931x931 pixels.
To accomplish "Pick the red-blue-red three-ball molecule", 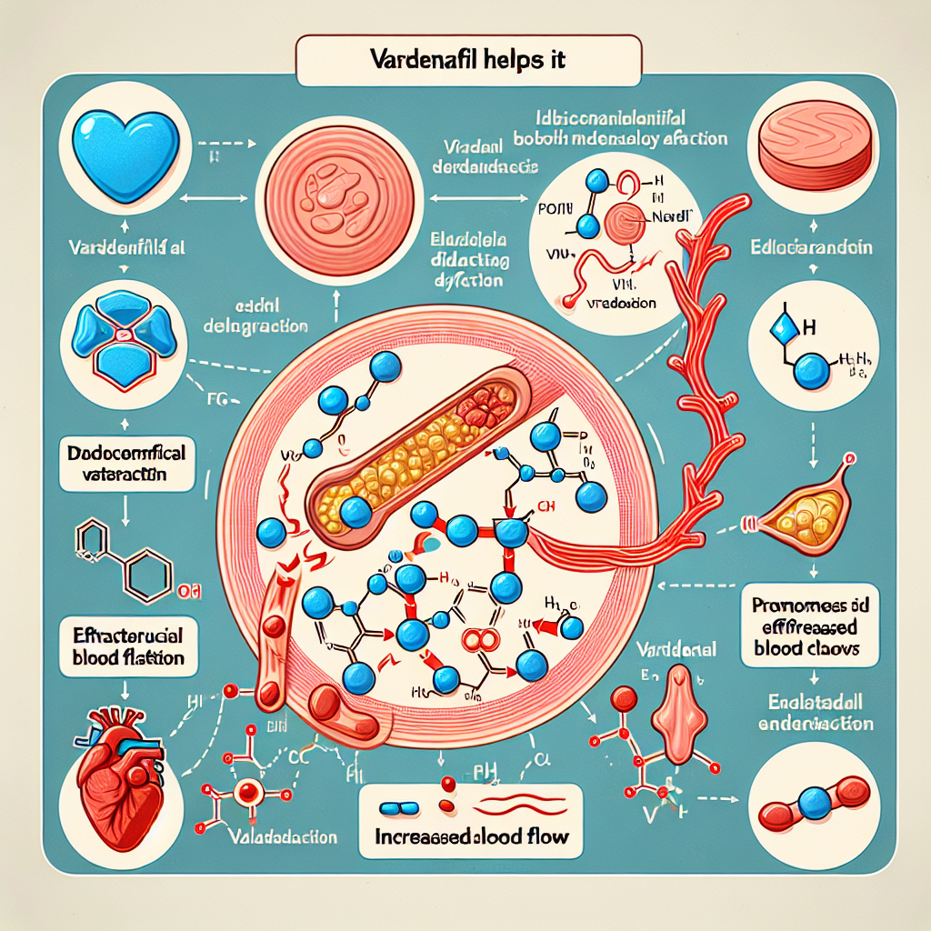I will pyautogui.click(x=816, y=799).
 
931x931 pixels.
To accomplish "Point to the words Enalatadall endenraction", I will pyautogui.click(x=816, y=714).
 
